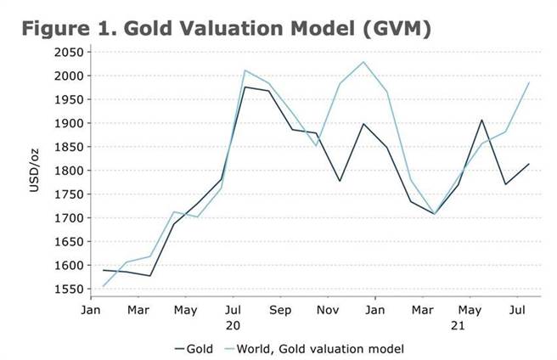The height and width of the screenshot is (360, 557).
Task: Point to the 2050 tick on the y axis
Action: [68, 53]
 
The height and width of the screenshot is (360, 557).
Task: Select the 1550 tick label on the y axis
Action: [68, 290]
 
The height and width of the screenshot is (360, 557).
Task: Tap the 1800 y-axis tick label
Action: [68, 171]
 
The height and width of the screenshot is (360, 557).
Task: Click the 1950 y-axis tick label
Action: [68, 100]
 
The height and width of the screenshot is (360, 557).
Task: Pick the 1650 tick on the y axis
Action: [68, 242]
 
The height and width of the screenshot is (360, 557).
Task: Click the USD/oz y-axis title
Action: [35, 171]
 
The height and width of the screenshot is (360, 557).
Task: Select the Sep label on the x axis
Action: [280, 311]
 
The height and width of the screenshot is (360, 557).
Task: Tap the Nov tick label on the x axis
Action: [328, 311]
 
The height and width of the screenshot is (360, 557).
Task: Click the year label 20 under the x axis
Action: [233, 325]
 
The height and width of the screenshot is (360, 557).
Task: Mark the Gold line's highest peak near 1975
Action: [245, 87]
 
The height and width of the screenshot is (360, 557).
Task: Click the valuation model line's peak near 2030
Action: [363, 62]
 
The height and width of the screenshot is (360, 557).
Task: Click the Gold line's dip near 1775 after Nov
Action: [340, 181]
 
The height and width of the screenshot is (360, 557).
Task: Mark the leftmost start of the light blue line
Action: [102, 286]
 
